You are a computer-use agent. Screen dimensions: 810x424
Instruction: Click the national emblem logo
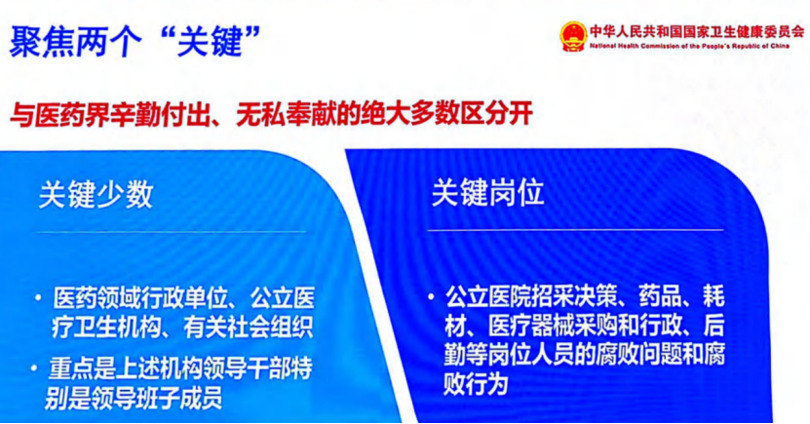click(573, 36)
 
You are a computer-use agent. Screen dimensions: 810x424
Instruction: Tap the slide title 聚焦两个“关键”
click(135, 41)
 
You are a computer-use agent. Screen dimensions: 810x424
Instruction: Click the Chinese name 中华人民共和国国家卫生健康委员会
click(697, 32)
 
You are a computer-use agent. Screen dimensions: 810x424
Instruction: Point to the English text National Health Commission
click(624, 46)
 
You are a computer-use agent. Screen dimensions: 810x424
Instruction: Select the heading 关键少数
click(96, 195)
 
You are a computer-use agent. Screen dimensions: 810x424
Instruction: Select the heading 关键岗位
click(487, 192)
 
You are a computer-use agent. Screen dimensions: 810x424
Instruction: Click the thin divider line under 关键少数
click(172, 232)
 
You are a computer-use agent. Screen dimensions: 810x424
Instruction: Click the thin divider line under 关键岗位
click(575, 230)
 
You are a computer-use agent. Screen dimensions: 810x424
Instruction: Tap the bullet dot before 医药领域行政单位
click(37, 298)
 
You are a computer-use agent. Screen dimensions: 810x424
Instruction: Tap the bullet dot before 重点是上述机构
click(33, 368)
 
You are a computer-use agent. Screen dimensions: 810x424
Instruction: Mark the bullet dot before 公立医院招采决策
click(431, 297)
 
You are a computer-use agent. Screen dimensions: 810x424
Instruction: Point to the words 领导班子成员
click(156, 399)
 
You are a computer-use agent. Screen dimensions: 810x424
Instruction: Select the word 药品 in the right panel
click(661, 296)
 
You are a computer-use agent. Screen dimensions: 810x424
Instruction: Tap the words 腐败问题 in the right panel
click(637, 356)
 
